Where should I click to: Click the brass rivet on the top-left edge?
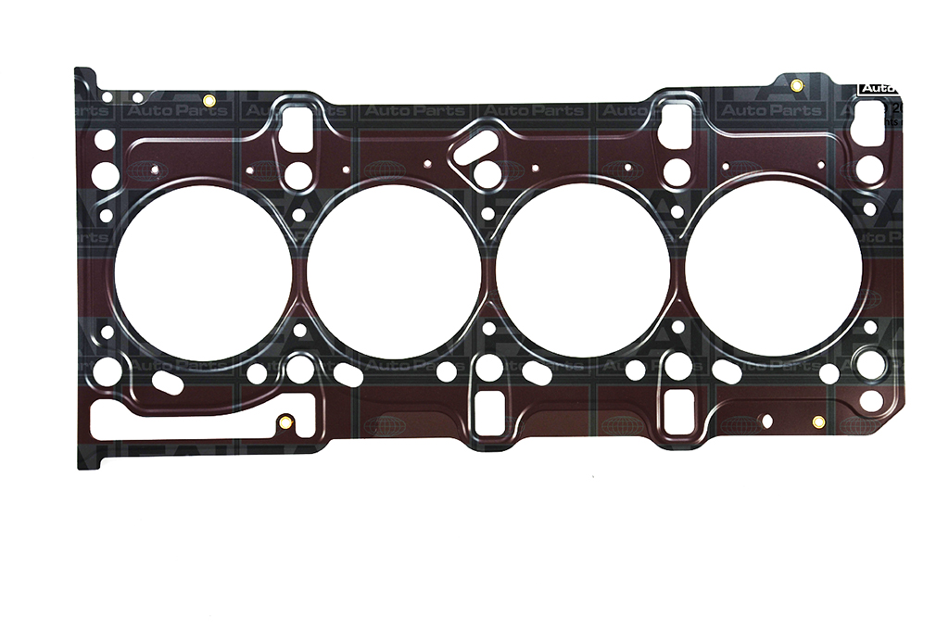pos(209,100)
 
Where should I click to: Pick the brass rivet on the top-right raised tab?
pos(796,86)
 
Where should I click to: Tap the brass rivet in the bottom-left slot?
pos(285,423)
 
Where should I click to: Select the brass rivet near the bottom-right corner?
pos(817,422)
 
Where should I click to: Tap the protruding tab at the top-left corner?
pos(84,79)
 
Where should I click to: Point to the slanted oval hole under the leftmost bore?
pos(167,383)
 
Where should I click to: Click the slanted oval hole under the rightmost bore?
pos(727,372)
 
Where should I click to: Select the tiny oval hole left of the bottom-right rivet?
pos(766,421)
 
